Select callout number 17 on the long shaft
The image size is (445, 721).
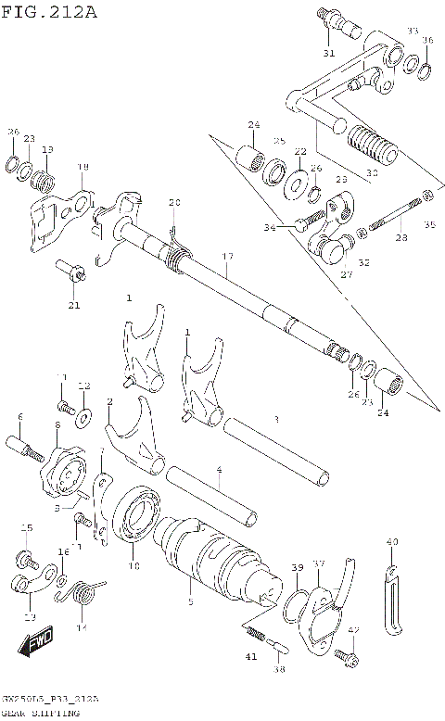(x=227, y=256)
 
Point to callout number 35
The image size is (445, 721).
(x=429, y=224)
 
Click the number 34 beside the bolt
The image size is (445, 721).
(x=269, y=227)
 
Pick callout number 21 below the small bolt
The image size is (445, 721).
(x=74, y=305)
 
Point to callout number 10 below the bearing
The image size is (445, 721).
(x=133, y=565)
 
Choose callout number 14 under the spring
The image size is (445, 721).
(x=81, y=627)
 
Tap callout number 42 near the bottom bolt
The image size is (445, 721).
(x=353, y=630)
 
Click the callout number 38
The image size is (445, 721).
(x=278, y=667)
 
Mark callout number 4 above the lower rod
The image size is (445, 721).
(x=219, y=471)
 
